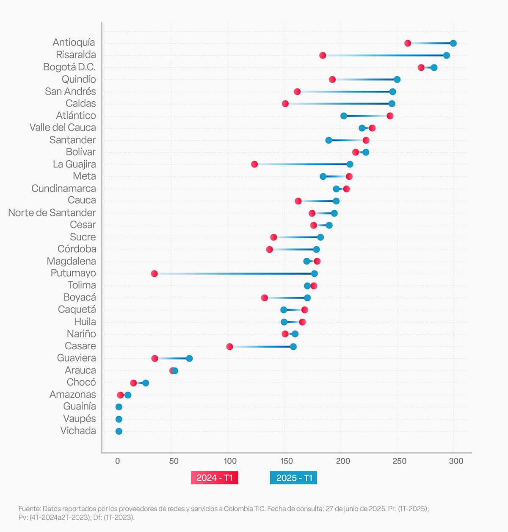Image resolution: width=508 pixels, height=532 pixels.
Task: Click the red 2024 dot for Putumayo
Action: [x=155, y=273]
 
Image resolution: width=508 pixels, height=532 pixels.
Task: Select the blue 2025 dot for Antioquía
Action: [x=453, y=43]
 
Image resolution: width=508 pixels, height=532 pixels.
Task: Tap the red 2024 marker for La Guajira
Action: [x=254, y=164]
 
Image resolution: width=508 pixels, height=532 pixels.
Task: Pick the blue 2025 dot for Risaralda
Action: [x=446, y=56]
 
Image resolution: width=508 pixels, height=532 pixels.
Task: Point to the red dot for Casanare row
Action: [x=230, y=347]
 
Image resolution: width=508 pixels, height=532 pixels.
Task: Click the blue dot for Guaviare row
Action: [x=189, y=359]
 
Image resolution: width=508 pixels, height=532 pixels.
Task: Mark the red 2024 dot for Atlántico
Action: [x=390, y=116]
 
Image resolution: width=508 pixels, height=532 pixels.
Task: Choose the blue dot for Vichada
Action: [x=119, y=432]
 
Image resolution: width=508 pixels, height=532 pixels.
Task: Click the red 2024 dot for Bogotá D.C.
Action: [x=421, y=68]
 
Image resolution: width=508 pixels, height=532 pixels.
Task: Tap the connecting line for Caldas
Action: [x=339, y=104]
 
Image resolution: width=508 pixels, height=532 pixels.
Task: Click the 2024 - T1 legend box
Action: [x=215, y=478]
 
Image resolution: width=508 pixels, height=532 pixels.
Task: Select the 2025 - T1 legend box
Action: [x=293, y=478]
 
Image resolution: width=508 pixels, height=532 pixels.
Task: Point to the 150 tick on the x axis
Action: [x=287, y=461]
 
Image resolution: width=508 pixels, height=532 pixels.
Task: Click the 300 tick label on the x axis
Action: [x=456, y=461]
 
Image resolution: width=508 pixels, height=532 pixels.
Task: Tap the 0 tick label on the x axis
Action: [x=118, y=461]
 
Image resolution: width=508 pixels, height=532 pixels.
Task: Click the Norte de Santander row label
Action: [x=52, y=213]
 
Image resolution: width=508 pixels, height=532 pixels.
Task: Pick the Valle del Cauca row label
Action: [x=63, y=128]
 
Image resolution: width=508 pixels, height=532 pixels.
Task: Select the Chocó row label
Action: [x=81, y=382]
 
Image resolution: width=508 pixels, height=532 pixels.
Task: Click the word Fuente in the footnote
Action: [x=29, y=509]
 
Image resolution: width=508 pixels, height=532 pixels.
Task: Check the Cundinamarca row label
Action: [x=63, y=189]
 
